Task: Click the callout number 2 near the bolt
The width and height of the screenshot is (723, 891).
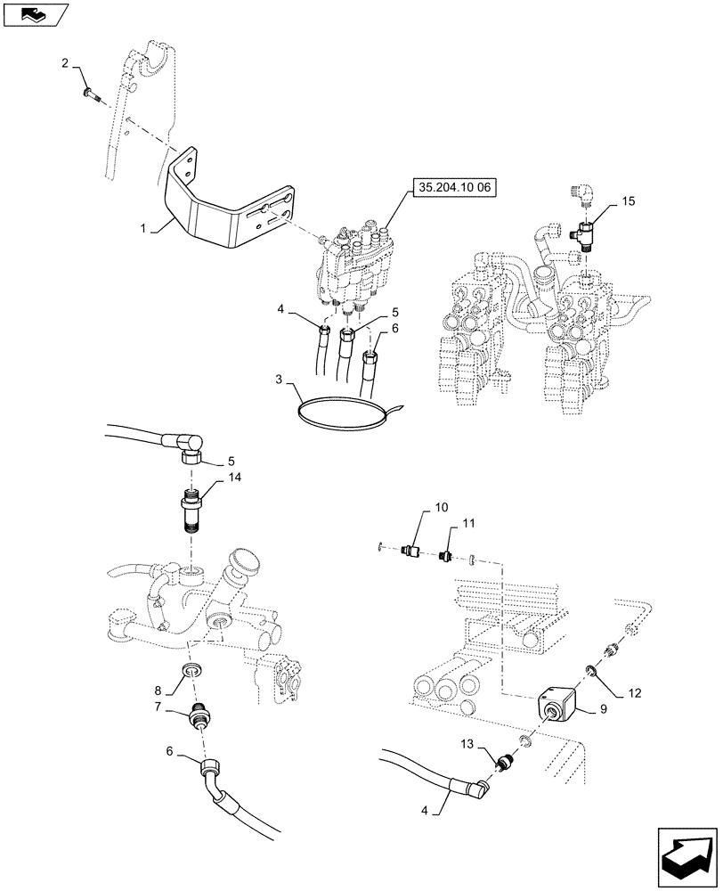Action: [65, 62]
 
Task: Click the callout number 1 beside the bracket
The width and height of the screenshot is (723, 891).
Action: [143, 230]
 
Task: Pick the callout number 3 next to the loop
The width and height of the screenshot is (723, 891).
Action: [279, 380]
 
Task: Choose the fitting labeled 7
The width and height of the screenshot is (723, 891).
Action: [201, 715]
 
